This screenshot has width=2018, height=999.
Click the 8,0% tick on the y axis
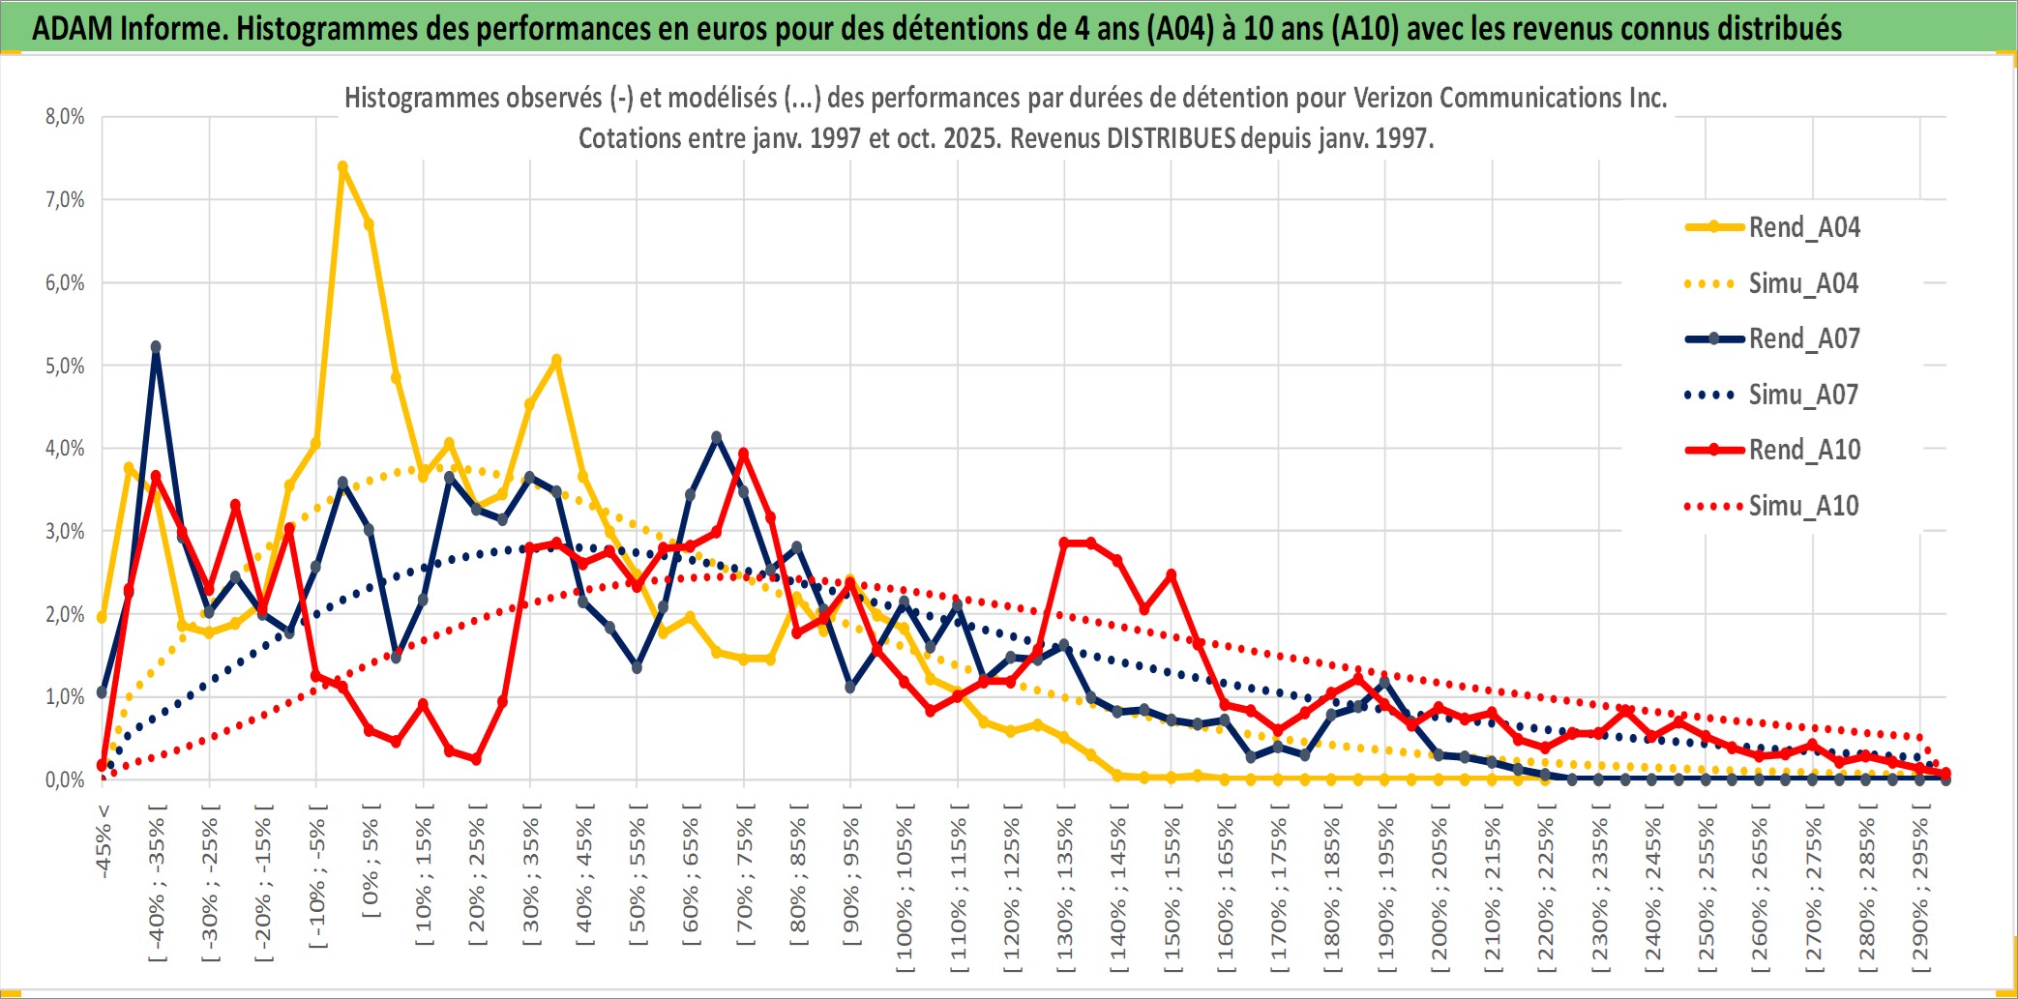pos(65,117)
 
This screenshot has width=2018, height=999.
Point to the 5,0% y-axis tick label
pos(65,366)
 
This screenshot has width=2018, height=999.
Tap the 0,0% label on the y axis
pos(65,779)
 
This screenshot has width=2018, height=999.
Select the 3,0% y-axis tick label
pos(65,531)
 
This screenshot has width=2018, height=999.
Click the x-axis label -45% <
pos(104,841)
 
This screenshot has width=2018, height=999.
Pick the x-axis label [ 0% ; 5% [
pos(371,861)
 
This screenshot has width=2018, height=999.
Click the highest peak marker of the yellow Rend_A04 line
pos(342,167)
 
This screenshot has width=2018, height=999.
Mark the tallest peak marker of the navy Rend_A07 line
pos(156,346)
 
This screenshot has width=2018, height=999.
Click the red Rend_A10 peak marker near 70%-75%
pos(743,453)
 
